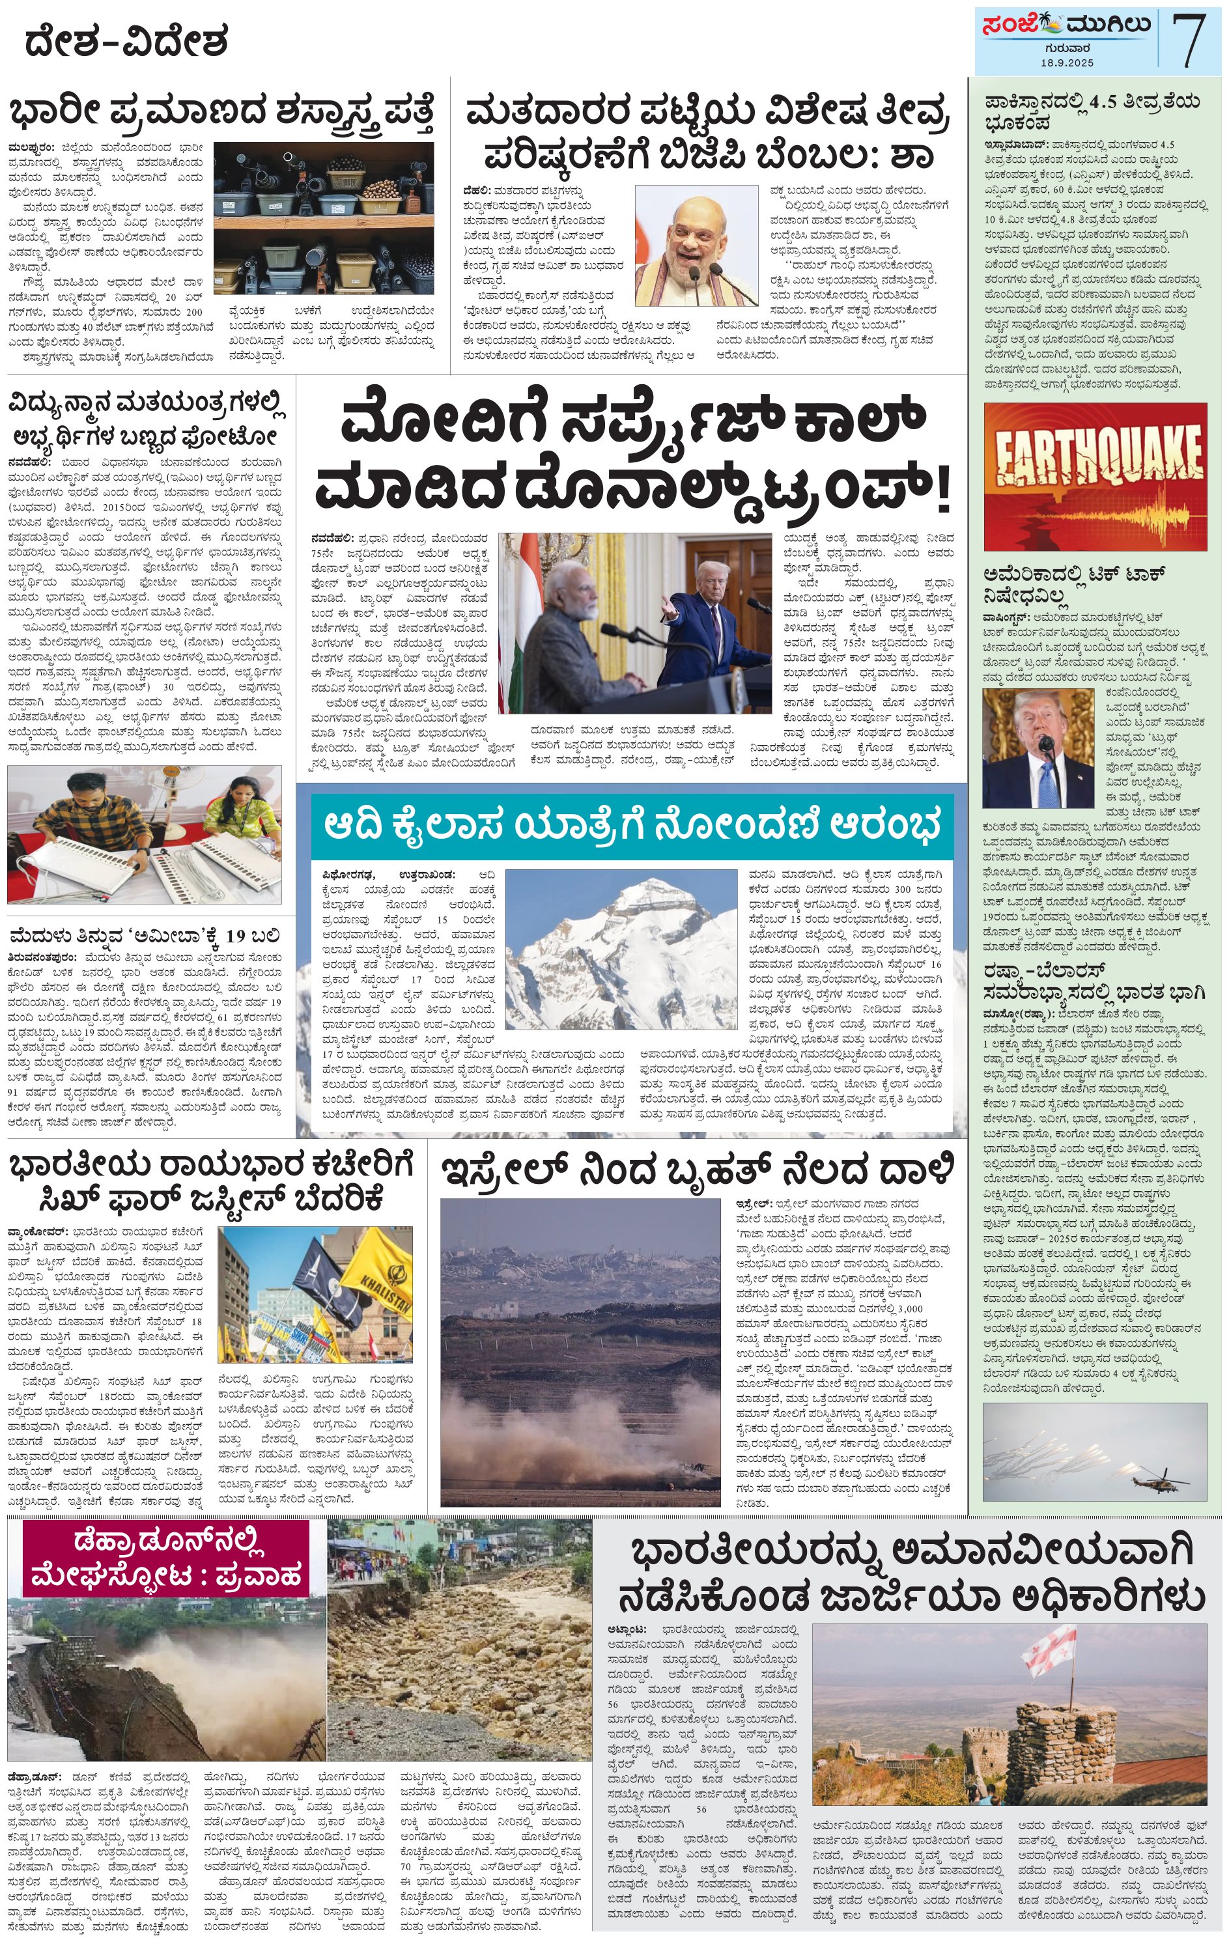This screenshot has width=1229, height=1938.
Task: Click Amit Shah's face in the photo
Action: (690, 238)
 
